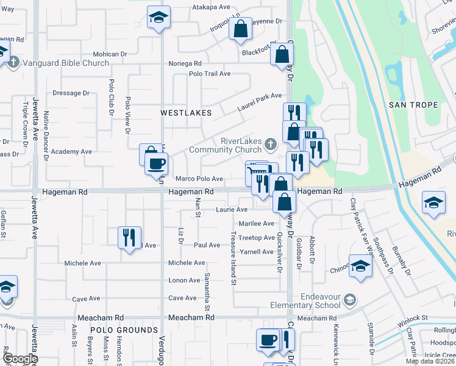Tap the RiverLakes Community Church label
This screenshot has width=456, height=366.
point(226,145)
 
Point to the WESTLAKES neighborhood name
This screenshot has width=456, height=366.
point(186,113)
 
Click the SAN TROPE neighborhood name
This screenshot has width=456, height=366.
point(413,105)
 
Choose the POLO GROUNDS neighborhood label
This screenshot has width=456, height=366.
point(124,330)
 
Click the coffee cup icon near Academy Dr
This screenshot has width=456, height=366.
point(156,163)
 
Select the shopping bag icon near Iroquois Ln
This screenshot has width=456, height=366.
point(241,28)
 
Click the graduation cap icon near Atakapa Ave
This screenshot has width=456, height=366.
point(159,19)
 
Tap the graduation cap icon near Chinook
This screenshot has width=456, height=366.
point(360,266)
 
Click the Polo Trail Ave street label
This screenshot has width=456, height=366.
point(210,73)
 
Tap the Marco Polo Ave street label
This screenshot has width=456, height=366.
point(199,179)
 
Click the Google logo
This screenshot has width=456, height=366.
point(20,359)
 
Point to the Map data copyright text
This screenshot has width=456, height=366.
point(429,361)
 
